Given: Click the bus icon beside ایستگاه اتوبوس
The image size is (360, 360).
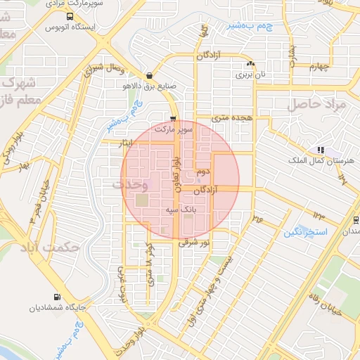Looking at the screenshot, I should tap(69, 17).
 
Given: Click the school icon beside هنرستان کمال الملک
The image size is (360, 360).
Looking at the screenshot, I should tap(321, 150).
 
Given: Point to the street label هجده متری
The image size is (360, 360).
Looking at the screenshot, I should tap(233, 120).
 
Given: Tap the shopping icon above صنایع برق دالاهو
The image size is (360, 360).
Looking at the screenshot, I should tap(148, 76).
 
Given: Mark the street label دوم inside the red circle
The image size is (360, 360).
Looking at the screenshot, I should tap(204, 171).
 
